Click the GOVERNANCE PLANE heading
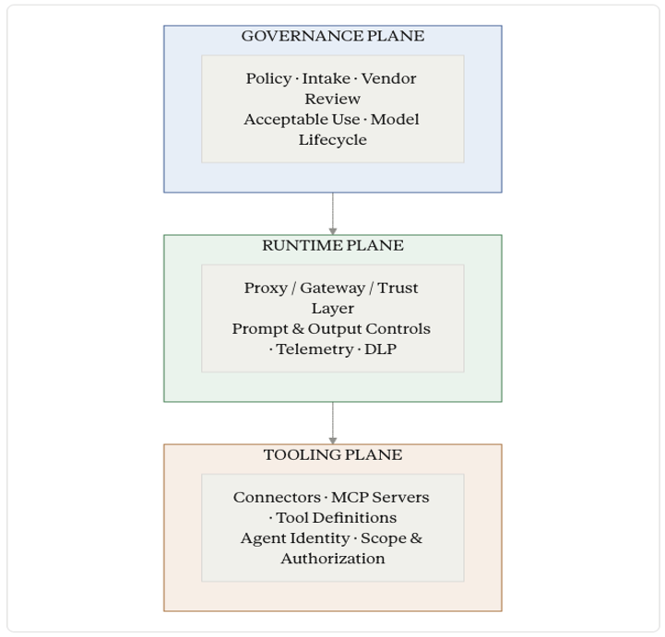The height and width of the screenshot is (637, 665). [x=332, y=36]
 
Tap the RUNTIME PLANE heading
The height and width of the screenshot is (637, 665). [x=332, y=245]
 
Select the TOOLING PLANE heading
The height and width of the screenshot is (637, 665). [x=332, y=454]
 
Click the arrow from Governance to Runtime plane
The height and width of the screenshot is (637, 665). [x=332, y=214]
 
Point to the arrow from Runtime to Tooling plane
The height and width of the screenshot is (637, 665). [x=332, y=423]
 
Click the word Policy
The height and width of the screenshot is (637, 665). [x=268, y=79]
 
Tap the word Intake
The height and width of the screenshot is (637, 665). [x=326, y=78]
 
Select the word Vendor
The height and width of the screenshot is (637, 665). [x=388, y=78]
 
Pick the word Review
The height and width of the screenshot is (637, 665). [x=332, y=99]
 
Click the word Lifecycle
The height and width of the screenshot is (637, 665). [x=332, y=140]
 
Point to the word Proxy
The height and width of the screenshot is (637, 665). [x=266, y=289]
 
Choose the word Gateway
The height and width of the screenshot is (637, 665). [x=332, y=289]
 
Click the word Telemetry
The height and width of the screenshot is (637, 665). [x=315, y=349]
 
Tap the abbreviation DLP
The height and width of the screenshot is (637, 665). [x=380, y=349]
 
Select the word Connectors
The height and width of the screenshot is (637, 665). [x=277, y=497]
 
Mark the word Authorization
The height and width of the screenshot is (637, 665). [x=332, y=559]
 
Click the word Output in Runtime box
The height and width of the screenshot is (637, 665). [x=335, y=329]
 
